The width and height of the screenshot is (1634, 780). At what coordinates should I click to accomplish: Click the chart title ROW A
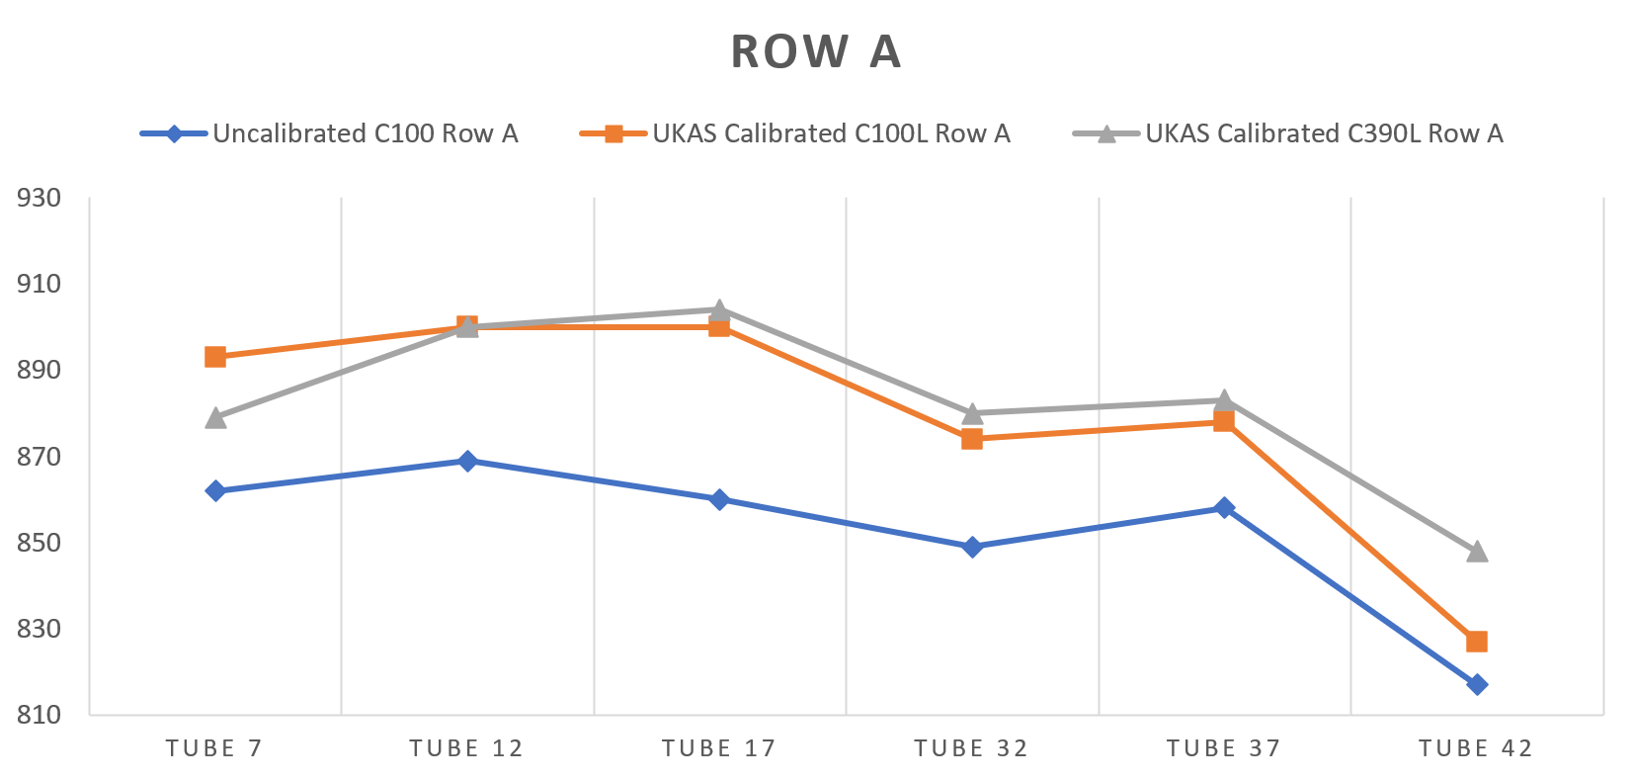[x=816, y=52]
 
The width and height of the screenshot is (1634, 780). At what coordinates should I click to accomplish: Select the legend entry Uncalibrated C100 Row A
[x=365, y=133]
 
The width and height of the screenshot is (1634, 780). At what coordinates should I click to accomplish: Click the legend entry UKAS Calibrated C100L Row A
[x=831, y=133]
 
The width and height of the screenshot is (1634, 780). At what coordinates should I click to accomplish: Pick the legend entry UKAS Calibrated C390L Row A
[x=1324, y=133]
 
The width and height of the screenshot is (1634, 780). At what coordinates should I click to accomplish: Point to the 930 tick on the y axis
[x=40, y=198]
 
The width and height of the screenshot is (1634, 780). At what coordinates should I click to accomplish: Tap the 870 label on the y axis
[x=40, y=457]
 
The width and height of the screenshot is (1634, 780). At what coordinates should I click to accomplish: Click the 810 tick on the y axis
[x=40, y=715]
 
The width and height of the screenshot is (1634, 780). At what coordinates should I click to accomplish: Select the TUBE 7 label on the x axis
[x=214, y=748]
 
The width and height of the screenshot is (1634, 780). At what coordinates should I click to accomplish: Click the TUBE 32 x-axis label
[x=971, y=748]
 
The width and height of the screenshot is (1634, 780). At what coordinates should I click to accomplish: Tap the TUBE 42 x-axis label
[x=1476, y=748]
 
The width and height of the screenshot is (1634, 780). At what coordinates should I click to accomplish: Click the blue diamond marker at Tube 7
[x=215, y=491]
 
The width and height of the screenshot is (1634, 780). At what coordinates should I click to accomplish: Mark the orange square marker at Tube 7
[x=215, y=357]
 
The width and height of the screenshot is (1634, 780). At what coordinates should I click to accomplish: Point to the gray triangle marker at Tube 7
[x=215, y=417]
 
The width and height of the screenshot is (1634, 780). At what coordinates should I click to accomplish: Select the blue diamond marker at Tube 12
[x=467, y=461]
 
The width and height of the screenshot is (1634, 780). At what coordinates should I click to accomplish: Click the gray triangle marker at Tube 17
[x=719, y=309]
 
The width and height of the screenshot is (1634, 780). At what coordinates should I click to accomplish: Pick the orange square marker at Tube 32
[x=972, y=439]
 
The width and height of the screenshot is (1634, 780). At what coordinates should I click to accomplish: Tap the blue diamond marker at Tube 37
[x=1224, y=508]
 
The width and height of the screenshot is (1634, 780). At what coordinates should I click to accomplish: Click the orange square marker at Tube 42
[x=1477, y=642]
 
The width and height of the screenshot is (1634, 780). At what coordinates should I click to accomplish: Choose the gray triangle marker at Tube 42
[x=1477, y=551]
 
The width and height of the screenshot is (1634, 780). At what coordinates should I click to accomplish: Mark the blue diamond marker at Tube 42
[x=1477, y=684]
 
